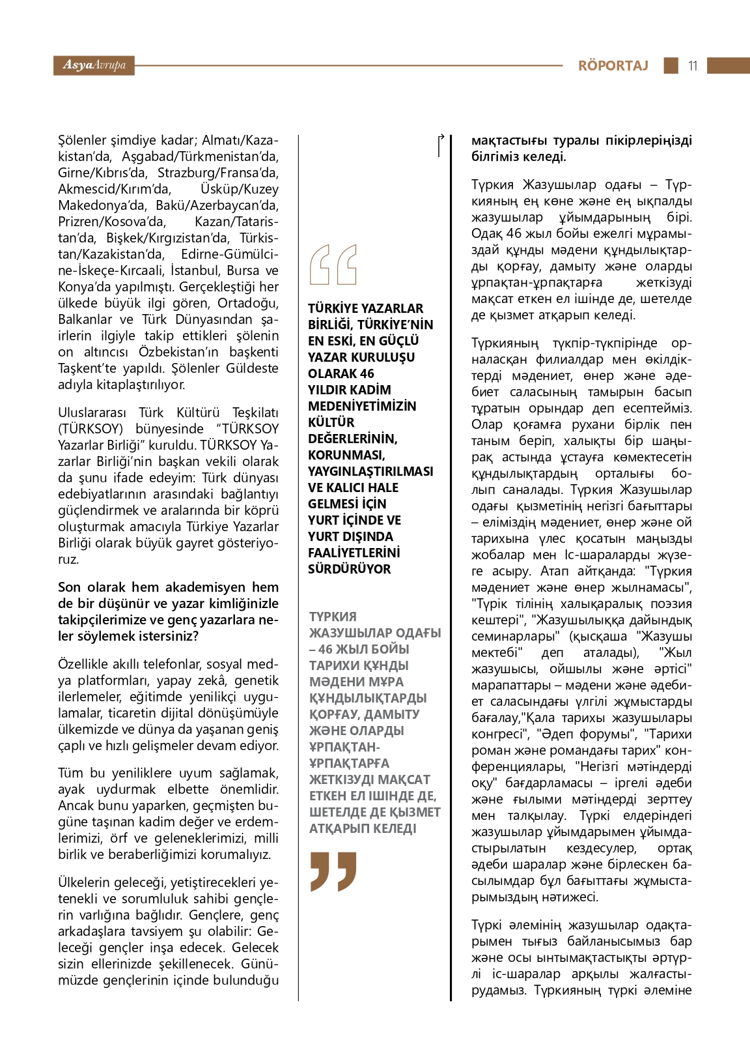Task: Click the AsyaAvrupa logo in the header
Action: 94,65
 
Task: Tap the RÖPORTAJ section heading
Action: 613,65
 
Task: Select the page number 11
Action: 692,65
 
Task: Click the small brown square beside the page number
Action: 671,65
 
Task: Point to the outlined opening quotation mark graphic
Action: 333,265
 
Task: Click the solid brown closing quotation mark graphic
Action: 333,871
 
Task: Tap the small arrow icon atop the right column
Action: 441,145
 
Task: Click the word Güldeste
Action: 252,368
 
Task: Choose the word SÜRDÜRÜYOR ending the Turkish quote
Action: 349,569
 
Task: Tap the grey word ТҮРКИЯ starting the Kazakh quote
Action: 333,617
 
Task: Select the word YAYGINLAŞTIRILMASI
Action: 370,471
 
